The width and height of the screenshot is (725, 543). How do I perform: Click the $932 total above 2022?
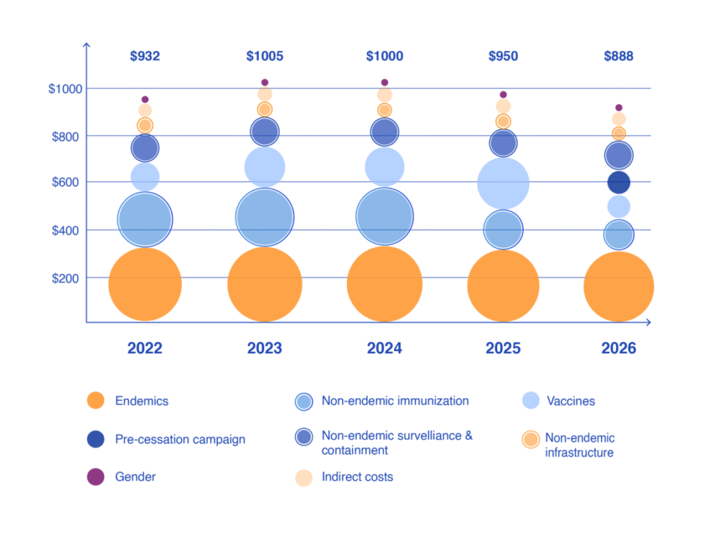coord(144,56)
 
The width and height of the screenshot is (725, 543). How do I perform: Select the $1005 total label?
coord(264,56)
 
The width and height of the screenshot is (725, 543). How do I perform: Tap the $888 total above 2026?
coord(618,56)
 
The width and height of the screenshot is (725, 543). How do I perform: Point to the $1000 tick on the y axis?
coord(65,88)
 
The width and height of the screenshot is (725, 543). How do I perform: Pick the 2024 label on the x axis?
coord(384,348)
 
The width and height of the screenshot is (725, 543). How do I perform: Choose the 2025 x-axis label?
coord(503,348)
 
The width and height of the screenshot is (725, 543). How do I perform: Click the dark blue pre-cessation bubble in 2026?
coord(618,183)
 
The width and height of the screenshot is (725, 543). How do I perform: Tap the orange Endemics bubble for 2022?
coord(144,284)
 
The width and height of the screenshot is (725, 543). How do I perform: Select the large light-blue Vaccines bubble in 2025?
coord(503,183)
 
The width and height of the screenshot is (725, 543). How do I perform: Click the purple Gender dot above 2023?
coord(265,83)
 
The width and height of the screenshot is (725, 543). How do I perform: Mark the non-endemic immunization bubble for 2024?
coord(384,217)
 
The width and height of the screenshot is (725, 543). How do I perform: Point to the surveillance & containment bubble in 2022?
coord(144,148)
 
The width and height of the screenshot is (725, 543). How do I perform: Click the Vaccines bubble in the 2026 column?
coord(618,207)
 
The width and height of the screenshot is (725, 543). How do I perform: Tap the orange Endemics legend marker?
coord(95,401)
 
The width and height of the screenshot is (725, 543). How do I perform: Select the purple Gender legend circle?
coord(95,477)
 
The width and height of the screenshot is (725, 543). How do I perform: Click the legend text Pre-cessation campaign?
coord(180,440)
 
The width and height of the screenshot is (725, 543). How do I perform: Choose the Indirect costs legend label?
coord(357,477)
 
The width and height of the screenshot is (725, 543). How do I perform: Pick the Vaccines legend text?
coord(571,401)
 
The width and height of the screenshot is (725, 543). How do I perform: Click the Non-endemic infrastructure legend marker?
coord(530,440)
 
